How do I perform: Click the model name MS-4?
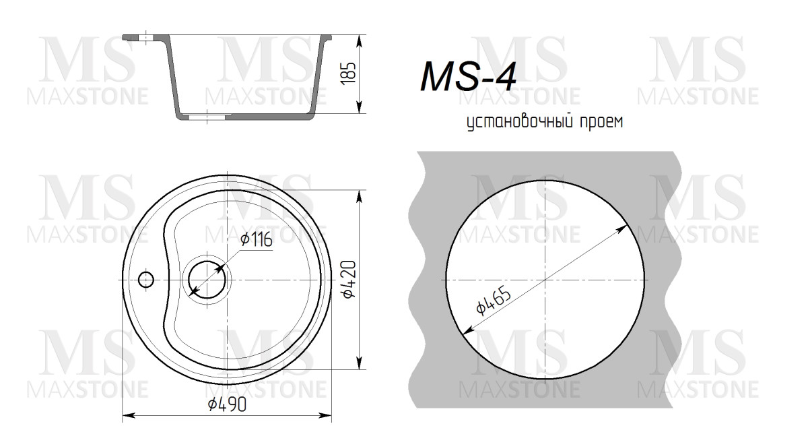click(x=468, y=76)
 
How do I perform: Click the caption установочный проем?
click(x=545, y=122)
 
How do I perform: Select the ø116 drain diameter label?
click(x=256, y=239)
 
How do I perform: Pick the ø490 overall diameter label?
click(x=227, y=404)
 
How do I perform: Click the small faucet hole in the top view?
click(x=145, y=279)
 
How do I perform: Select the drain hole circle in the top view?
click(x=207, y=279)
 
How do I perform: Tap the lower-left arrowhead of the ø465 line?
click(x=466, y=330)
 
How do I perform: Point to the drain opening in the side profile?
click(x=207, y=117)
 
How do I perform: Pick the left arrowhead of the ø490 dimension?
click(x=126, y=414)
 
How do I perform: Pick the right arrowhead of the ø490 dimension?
click(x=330, y=414)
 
